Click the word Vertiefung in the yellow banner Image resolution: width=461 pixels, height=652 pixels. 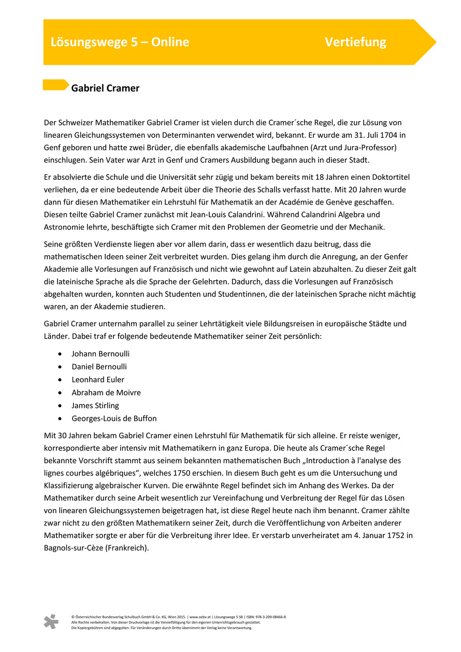tap(355, 42)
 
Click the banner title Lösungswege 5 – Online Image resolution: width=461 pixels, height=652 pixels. tap(120, 42)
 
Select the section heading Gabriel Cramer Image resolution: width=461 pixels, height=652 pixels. tap(105, 88)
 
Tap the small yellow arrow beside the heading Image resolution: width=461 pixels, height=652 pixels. tap(55, 85)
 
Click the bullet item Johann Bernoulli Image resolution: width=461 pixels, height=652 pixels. tap(100, 354)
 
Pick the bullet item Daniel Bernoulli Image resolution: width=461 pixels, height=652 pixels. tap(99, 367)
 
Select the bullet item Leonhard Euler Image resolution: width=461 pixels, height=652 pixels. tap(98, 380)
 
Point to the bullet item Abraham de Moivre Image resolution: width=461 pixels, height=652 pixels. tap(106, 393)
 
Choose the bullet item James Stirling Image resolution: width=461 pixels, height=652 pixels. tap(95, 405)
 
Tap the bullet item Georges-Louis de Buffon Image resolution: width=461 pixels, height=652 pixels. tap(114, 418)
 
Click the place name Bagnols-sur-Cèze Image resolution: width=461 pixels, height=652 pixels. tap(74, 548)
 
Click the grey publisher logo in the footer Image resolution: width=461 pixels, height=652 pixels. tap(51, 621)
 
